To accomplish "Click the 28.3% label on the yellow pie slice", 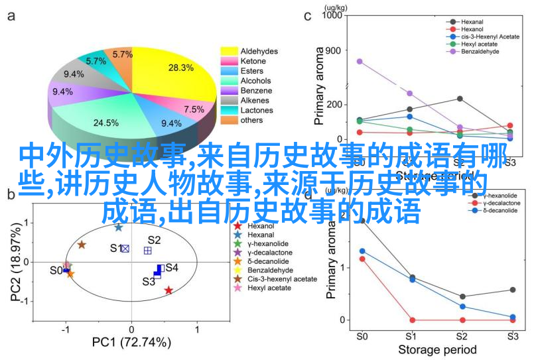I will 180,68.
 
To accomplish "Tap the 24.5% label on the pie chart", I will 105,123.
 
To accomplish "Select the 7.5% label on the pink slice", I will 194,109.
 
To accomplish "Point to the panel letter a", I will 11,17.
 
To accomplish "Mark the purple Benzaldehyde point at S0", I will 360,62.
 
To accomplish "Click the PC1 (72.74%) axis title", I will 131,343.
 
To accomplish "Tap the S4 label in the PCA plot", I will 172,268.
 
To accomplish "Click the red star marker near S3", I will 168,290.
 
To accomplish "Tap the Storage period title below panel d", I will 436,349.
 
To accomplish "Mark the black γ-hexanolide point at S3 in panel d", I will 512,290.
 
